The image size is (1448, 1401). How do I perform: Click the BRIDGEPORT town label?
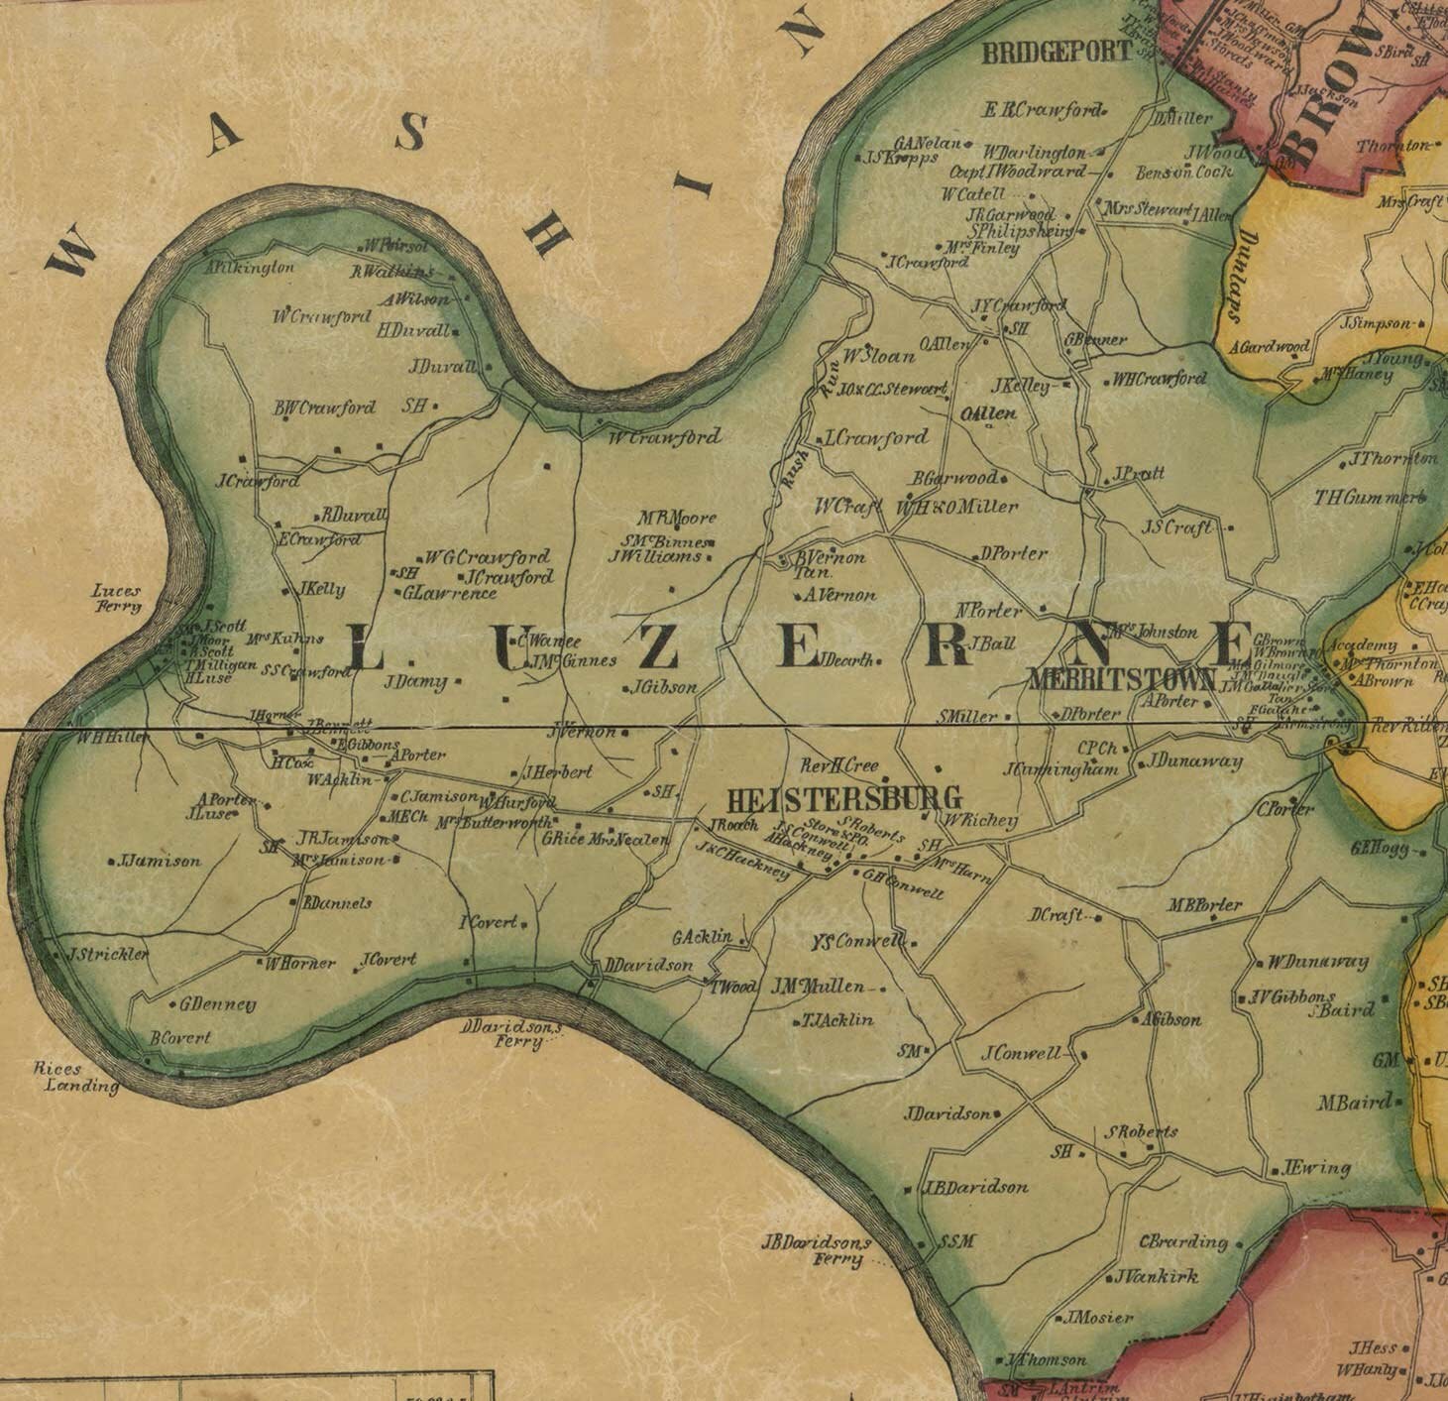coord(1057,54)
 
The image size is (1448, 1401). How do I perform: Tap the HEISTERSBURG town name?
coord(844,798)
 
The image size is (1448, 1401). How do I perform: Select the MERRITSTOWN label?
coord(1122,679)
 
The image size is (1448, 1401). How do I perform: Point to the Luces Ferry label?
coord(117,598)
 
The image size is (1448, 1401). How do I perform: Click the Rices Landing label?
coord(76,1077)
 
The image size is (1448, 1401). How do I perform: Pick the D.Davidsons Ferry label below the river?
coord(510,1034)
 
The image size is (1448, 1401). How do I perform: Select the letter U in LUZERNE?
coord(508,652)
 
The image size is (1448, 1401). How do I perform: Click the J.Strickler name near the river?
coord(108,954)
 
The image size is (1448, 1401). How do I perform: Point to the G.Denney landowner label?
coord(217,1004)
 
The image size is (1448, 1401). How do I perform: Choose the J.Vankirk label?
coord(1157,1277)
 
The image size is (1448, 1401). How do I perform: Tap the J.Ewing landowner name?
coord(1317,1168)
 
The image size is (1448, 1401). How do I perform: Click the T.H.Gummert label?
coord(1369,498)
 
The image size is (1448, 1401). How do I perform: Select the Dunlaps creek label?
coord(1240,277)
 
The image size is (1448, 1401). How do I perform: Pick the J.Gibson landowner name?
coord(664,686)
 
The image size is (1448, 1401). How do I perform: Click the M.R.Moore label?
coord(677,518)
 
